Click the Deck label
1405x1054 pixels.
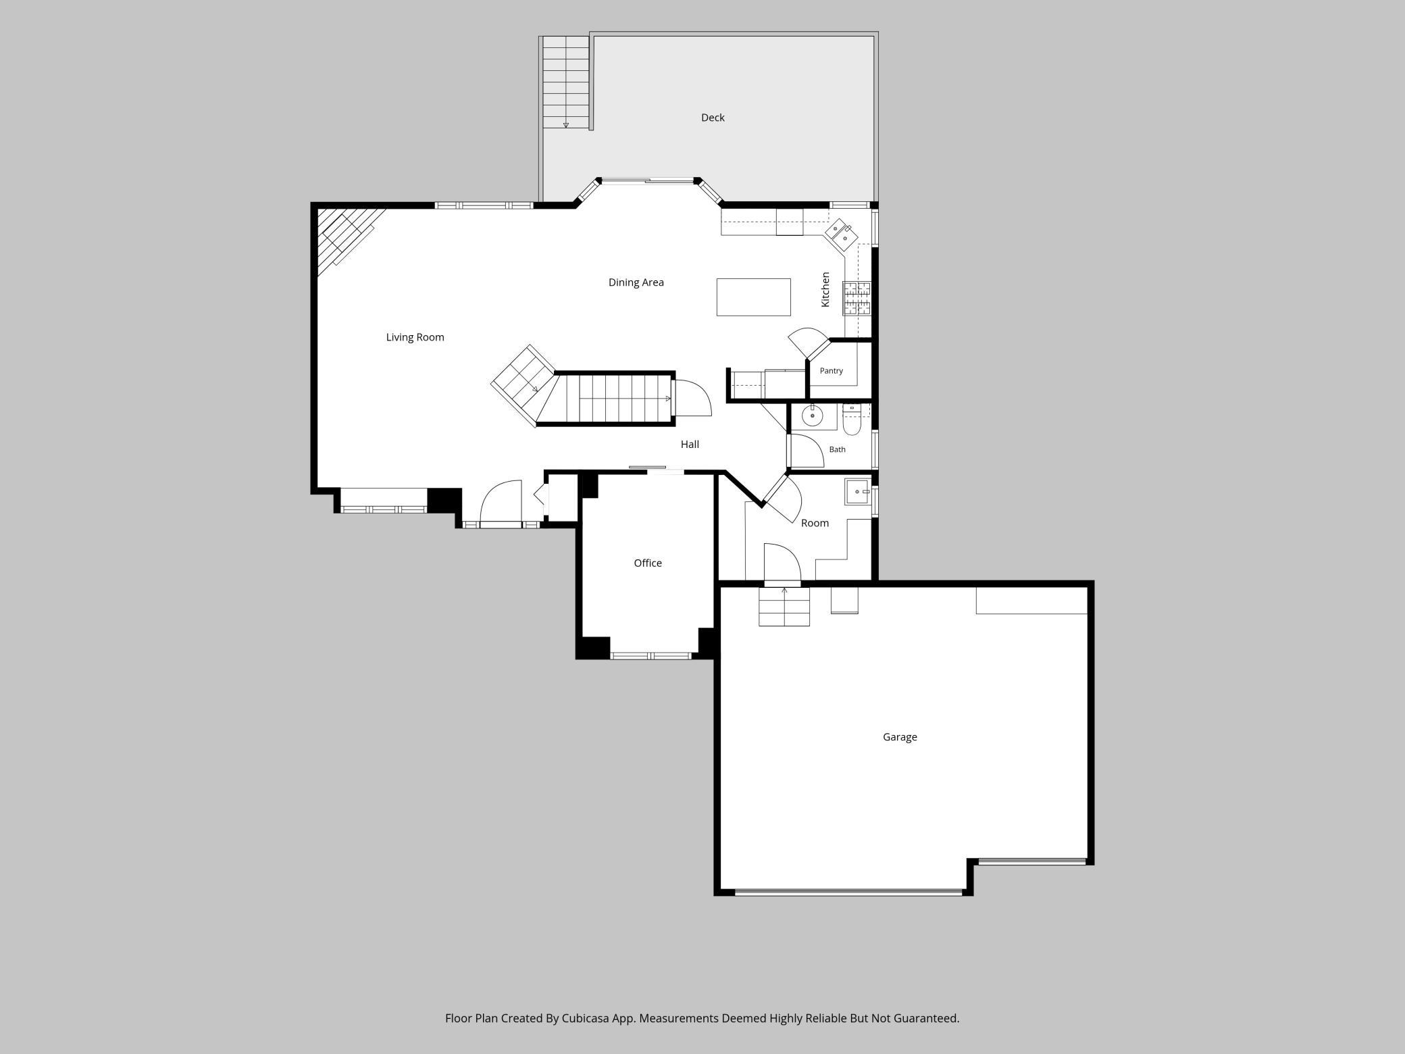713,118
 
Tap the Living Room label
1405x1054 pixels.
415,337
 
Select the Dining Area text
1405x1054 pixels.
636,282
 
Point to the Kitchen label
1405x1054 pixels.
825,290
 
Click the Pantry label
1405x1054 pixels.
831,371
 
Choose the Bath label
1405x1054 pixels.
837,449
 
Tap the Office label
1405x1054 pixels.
647,563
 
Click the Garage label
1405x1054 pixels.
900,737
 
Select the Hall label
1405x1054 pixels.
690,444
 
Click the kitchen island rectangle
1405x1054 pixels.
753,297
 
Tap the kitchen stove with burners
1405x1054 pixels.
857,299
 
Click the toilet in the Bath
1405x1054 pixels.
852,419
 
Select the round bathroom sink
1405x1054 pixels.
812,416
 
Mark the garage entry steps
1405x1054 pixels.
784,606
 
